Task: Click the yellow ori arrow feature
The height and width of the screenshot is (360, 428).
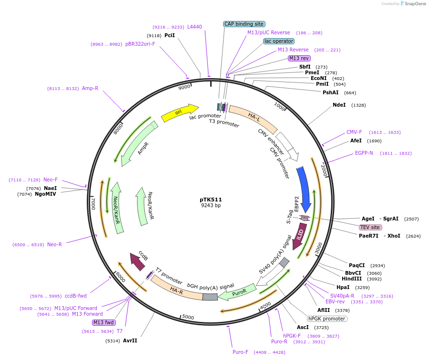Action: click(x=179, y=112)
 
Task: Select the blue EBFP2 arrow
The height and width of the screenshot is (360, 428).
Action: click(x=304, y=189)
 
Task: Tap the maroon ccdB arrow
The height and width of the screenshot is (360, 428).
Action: click(x=139, y=261)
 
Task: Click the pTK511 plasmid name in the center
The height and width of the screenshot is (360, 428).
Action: click(x=211, y=200)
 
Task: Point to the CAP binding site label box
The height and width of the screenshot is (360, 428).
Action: click(x=244, y=24)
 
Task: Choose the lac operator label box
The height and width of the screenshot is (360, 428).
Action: click(x=279, y=41)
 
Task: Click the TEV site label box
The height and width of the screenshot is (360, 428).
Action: click(x=370, y=227)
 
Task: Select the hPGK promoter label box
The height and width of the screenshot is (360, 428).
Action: click(x=326, y=319)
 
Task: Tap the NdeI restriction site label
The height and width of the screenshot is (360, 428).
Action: click(x=339, y=105)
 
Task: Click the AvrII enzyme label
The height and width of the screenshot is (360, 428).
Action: click(x=130, y=340)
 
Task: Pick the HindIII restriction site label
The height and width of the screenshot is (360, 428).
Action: click(x=352, y=279)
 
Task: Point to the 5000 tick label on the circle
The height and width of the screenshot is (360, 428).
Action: click(x=188, y=317)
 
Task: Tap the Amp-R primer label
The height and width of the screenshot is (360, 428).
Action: click(x=90, y=88)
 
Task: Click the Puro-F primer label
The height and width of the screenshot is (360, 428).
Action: click(x=241, y=352)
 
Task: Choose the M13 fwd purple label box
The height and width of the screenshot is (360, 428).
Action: click(x=104, y=322)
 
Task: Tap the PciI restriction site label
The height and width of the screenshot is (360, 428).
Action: click(x=170, y=35)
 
